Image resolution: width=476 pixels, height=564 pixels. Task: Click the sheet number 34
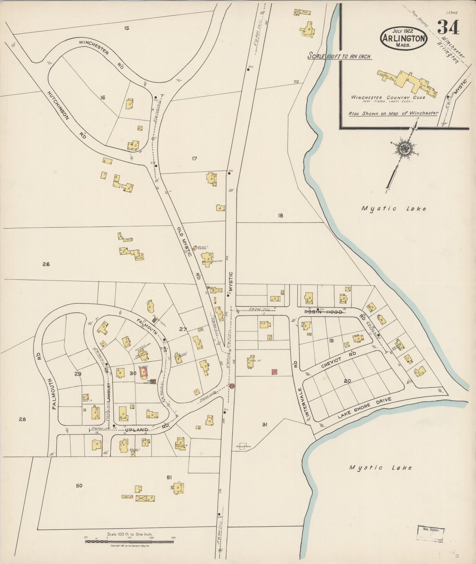click(448, 28)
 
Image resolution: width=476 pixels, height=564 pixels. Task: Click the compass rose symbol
click(405, 149)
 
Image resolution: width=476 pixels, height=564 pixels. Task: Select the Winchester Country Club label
click(388, 97)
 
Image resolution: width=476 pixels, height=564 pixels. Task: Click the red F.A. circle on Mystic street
click(232, 386)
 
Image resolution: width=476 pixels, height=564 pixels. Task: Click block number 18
click(280, 216)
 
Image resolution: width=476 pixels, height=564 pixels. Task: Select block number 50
click(79, 485)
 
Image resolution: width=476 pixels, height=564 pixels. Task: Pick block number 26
click(46, 264)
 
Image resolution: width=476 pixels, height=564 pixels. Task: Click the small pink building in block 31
click(274, 372)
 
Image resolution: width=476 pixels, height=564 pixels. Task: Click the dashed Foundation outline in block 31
click(243, 446)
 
